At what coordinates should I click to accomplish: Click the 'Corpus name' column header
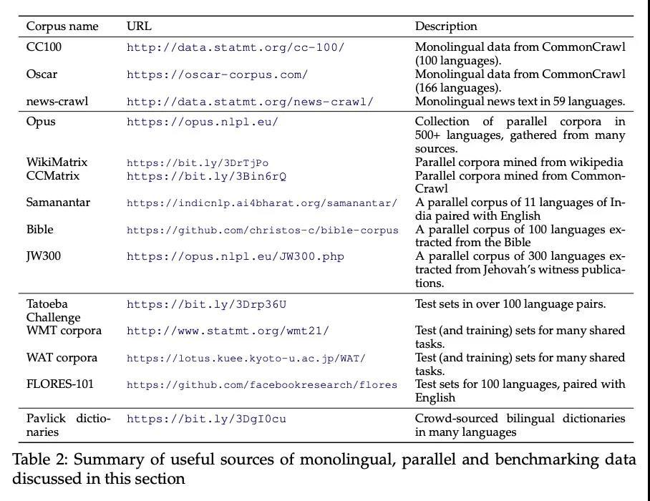tap(62, 26)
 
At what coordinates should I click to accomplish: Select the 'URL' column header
tap(139, 26)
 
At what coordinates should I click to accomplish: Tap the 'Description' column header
tap(446, 26)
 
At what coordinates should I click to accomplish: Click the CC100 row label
tap(42, 47)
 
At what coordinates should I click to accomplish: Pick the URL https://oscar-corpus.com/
tap(217, 74)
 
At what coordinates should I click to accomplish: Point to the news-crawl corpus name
tap(57, 101)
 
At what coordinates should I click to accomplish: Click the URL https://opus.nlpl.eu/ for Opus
tap(202, 122)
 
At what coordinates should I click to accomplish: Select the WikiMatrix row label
tap(57, 162)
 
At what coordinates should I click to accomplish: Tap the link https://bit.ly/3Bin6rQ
tap(206, 176)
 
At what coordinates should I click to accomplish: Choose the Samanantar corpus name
tap(59, 203)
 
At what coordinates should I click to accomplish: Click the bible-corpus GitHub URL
tap(263, 230)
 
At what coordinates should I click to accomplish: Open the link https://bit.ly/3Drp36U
tap(206, 304)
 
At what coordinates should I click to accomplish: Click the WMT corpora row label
tap(64, 331)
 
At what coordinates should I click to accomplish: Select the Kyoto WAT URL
tap(246, 359)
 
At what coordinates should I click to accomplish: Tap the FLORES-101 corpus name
tap(60, 384)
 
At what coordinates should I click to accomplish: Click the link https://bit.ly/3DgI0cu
tap(206, 419)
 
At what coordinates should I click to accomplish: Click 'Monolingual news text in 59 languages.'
tap(520, 101)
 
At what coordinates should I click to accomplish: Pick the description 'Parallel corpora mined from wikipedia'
tap(519, 162)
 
